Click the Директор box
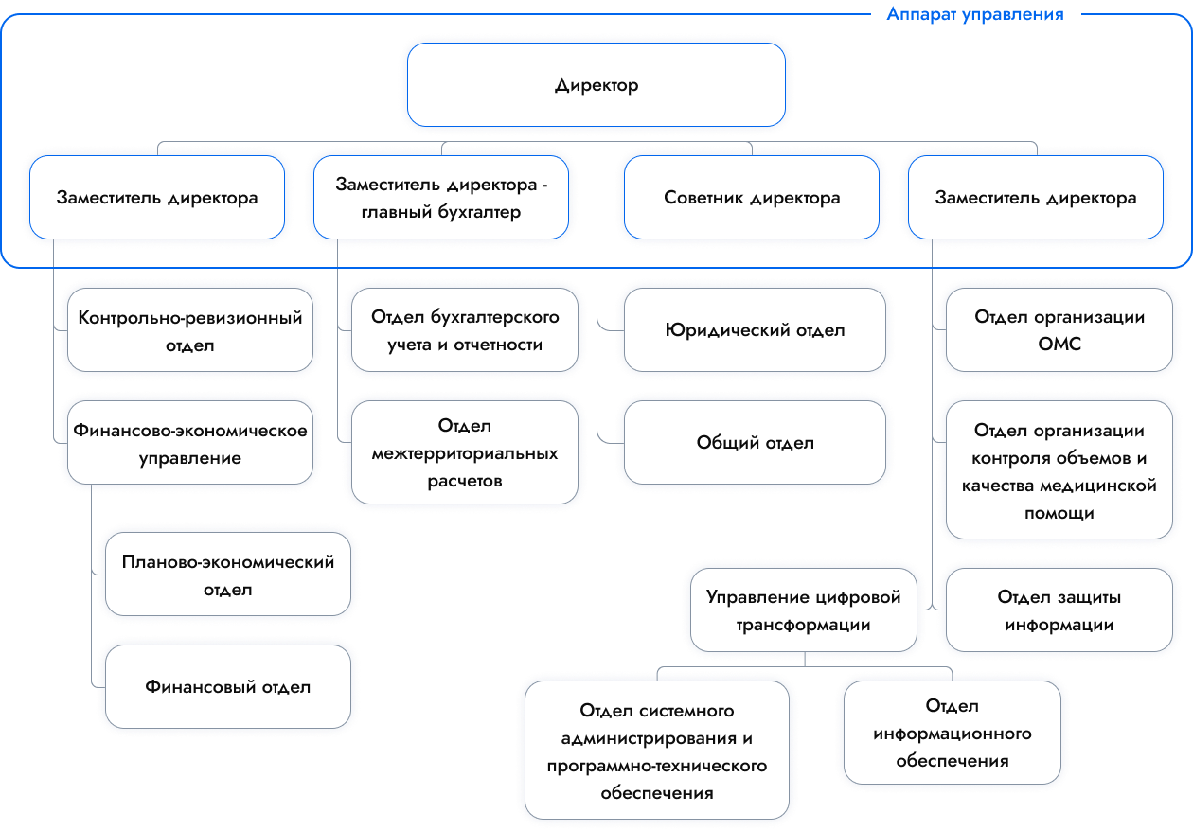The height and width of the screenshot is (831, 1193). tap(596, 85)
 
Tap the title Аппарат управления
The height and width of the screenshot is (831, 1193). tap(974, 14)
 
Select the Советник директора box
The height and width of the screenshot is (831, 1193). tap(752, 199)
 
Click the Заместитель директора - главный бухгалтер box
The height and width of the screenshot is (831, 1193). tap(441, 199)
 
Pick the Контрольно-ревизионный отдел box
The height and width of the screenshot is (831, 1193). tap(190, 331)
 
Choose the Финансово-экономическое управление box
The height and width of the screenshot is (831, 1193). tap(190, 445)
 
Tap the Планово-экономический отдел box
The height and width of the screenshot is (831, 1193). tap(228, 575)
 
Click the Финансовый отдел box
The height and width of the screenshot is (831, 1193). tap(228, 687)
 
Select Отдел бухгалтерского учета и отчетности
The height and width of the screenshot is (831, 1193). tap(465, 330)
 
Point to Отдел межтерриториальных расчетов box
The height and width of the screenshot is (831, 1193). tap(464, 453)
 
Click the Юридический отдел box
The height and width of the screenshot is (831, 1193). tap(755, 330)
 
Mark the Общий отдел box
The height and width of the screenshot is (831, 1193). tap(755, 442)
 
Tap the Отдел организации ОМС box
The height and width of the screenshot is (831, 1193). tap(1059, 330)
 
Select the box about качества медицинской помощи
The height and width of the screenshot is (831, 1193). tap(1059, 472)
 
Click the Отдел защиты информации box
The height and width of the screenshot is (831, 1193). tap(1059, 610)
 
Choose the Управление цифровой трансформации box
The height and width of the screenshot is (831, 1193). tap(804, 610)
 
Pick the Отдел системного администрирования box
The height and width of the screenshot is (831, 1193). tap(657, 751)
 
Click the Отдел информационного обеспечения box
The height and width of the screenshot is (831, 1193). tap(953, 734)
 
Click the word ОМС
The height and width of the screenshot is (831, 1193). tap(1059, 345)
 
